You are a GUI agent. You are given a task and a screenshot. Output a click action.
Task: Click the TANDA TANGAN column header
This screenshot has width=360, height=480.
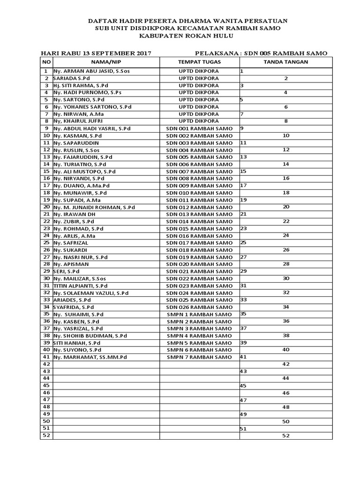point(286,62)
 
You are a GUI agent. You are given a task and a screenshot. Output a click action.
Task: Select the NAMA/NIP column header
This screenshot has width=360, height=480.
point(106,62)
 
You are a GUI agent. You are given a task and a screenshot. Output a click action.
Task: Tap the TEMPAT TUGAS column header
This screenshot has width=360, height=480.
point(199,62)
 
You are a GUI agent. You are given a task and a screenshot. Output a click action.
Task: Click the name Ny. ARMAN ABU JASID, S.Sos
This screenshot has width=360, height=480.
point(87,71)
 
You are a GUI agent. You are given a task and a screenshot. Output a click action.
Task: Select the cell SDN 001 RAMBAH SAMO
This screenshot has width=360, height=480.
point(199,128)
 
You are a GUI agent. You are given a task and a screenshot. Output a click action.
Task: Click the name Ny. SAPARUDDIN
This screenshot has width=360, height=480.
point(76,142)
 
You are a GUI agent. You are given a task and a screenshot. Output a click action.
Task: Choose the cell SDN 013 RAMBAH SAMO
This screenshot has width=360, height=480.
point(199,214)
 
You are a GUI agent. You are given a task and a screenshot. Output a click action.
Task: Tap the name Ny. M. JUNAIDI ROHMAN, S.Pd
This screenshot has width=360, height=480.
point(94,207)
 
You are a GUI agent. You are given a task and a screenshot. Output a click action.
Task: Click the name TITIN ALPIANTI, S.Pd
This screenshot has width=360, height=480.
point(80,285)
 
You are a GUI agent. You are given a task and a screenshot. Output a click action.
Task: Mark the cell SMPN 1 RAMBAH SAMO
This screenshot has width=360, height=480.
point(199,314)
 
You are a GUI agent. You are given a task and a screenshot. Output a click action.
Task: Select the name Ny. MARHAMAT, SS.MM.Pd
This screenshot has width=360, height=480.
point(90,357)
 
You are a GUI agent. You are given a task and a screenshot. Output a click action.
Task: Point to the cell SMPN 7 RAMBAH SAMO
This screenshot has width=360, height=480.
point(199,357)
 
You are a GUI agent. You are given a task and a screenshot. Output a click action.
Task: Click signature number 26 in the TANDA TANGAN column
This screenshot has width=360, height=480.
point(286,250)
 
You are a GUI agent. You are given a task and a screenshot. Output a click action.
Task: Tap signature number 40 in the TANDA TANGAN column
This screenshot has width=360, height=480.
point(286,350)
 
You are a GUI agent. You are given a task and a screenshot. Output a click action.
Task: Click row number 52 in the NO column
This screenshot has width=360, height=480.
point(46,435)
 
